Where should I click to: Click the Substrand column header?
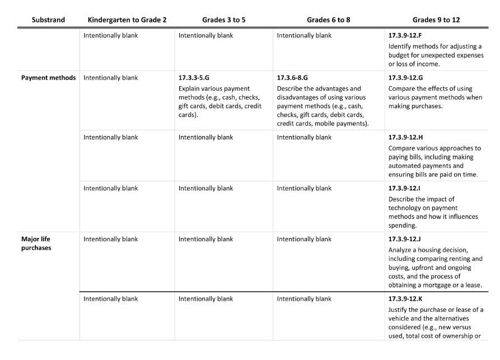(48, 20)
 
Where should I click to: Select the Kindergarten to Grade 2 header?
(127, 20)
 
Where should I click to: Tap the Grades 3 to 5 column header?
(224, 20)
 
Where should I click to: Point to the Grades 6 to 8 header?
(329, 20)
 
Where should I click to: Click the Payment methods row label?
(48, 78)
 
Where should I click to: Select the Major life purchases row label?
(36, 243)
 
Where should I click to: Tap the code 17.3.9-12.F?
(405, 35)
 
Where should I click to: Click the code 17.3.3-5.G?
(194, 78)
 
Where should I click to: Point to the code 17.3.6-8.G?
(292, 78)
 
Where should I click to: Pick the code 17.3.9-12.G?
(405, 78)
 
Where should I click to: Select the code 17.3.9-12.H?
(405, 137)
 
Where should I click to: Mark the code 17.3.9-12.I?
(404, 188)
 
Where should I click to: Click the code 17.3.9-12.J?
(405, 239)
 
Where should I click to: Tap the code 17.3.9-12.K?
(405, 299)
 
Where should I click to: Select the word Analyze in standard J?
(401, 250)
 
